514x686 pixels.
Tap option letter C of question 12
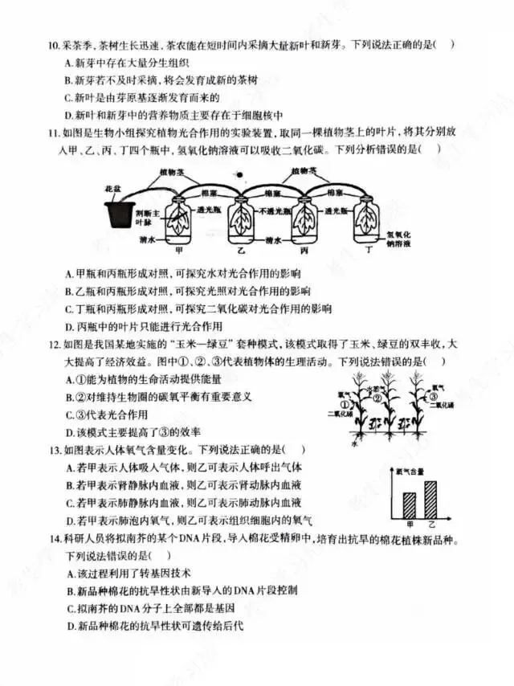pyautogui.click(x=69, y=414)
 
